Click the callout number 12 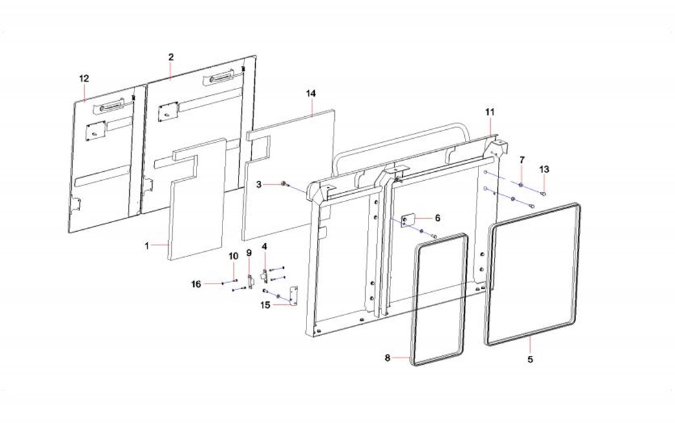tap(84, 78)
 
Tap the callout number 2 tap(171, 57)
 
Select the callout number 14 tap(311, 93)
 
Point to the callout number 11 tap(490, 112)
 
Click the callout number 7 tap(522, 160)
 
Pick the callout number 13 tap(544, 169)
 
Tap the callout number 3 tap(259, 185)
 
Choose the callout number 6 tap(438, 218)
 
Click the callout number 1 tap(147, 246)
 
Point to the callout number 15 tap(265, 305)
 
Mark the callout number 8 tap(387, 358)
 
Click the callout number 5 tap(530, 359)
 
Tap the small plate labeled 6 tap(407, 220)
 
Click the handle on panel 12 tap(112, 105)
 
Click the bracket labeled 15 tap(294, 296)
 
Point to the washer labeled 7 tap(521, 185)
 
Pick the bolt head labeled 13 tap(544, 194)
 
